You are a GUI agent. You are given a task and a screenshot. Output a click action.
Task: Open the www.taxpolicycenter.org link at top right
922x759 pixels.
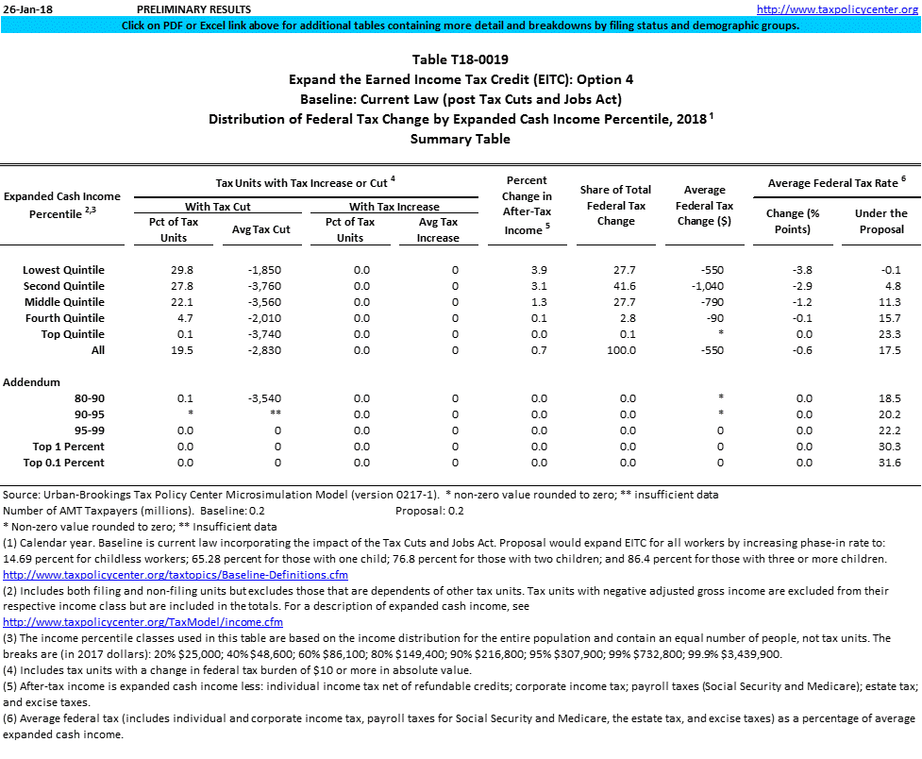click(x=837, y=8)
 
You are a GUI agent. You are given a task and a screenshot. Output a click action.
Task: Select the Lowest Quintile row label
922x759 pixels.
click(x=63, y=270)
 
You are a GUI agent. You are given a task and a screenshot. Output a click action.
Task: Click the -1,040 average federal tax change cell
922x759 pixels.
click(x=715, y=286)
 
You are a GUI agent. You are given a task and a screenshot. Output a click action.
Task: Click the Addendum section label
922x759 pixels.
click(x=32, y=382)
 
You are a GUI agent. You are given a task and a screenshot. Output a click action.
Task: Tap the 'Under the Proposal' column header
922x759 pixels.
click(x=880, y=221)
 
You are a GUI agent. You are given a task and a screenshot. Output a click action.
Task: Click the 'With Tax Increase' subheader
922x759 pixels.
click(x=394, y=206)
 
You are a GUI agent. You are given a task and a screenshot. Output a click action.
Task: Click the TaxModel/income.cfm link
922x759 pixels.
click(x=143, y=622)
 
